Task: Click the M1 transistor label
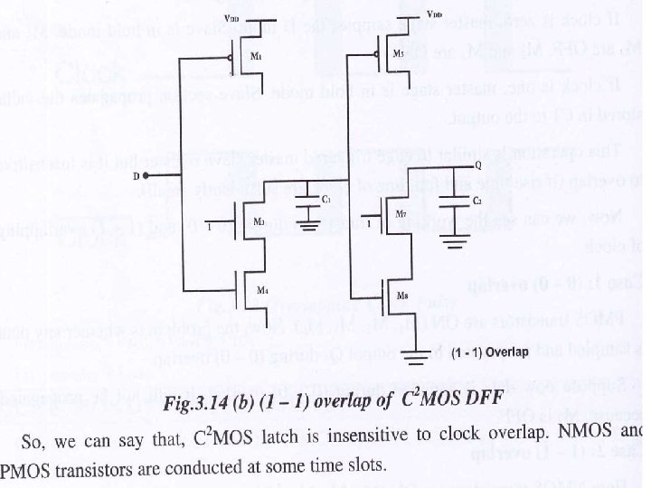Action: tap(256, 56)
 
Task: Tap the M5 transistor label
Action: tap(401, 54)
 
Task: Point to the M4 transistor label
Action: tap(261, 289)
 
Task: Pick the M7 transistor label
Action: tap(401, 214)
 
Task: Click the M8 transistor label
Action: tap(401, 295)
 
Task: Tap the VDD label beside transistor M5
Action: tap(434, 15)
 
